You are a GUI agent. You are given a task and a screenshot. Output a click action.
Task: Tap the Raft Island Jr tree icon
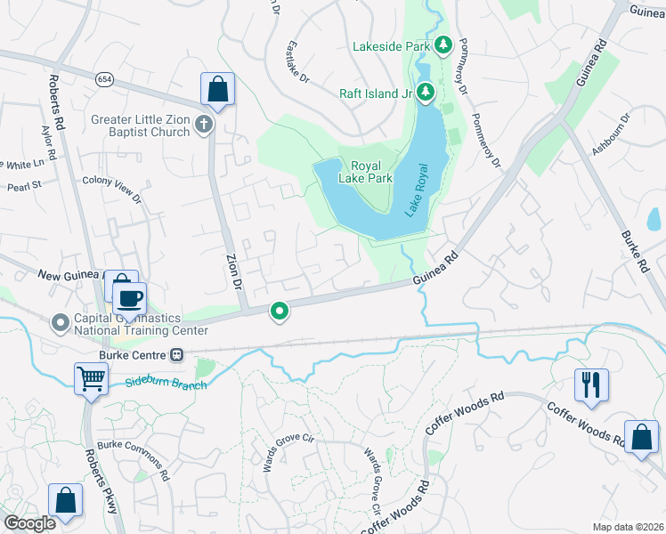426,91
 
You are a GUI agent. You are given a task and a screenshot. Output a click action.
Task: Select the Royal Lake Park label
371,172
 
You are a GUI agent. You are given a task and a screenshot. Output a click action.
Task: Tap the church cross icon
204,125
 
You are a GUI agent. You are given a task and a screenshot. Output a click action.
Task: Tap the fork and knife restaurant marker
590,384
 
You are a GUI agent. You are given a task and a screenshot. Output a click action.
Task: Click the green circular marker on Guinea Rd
280,311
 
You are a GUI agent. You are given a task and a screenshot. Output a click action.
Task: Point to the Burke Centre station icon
177,355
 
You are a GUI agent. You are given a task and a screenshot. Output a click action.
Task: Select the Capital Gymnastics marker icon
61,321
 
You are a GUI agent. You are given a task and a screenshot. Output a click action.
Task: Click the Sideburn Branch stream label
166,384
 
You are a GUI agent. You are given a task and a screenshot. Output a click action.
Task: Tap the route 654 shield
105,80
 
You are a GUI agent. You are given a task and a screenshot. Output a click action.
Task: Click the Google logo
29,522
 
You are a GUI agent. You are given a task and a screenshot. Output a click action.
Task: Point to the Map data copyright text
627,527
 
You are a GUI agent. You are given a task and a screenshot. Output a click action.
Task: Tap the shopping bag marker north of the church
217,88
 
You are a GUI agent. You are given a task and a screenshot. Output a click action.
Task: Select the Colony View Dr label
111,190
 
